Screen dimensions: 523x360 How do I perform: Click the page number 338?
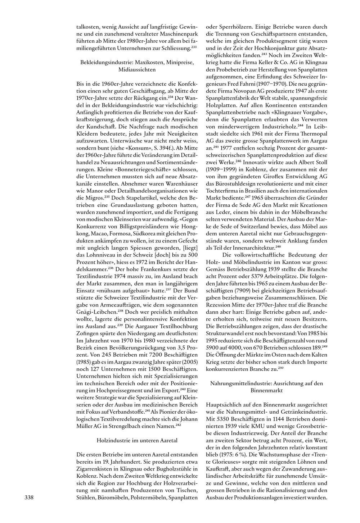(x=29, y=497)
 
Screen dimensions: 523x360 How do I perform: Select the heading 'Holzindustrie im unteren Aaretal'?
(x=137, y=440)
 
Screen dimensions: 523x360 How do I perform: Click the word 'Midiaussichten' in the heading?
(x=137, y=69)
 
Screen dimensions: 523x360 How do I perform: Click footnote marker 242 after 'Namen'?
(x=178, y=424)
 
